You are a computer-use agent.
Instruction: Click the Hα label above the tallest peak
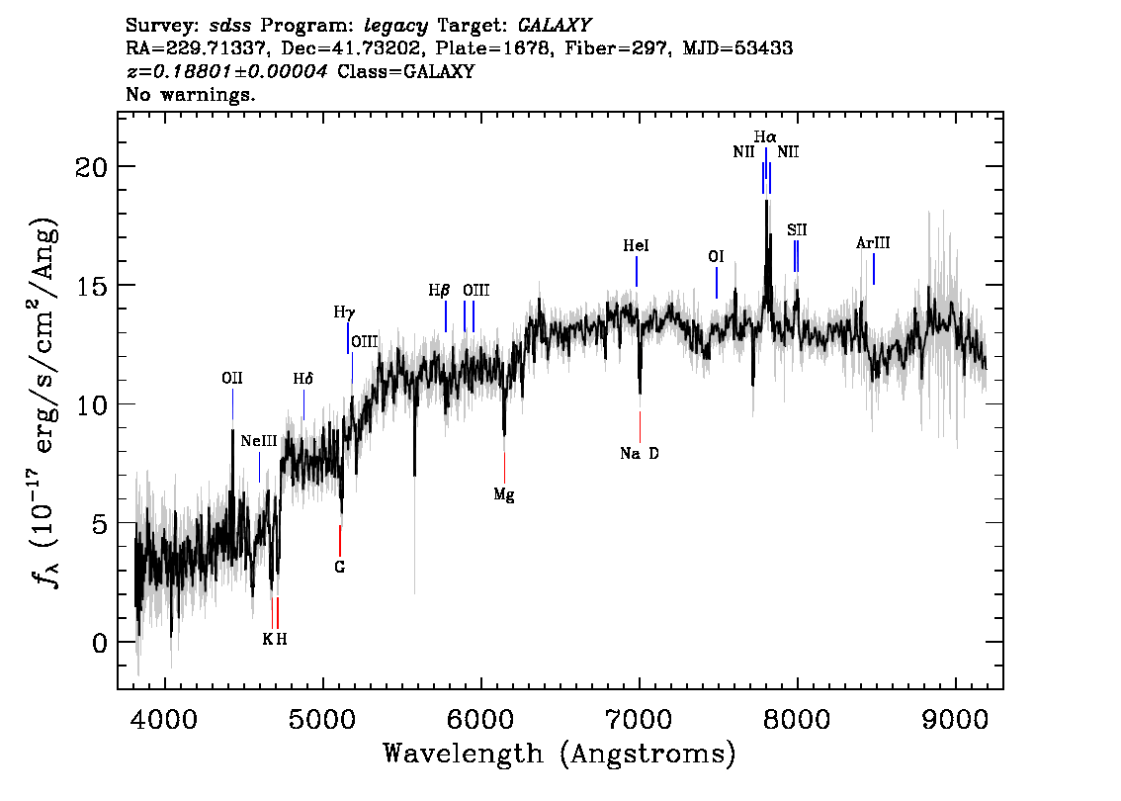[x=765, y=137]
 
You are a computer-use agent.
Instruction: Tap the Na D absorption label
[x=640, y=454]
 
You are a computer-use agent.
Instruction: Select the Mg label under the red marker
[x=504, y=494]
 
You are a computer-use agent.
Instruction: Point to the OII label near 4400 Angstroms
[x=232, y=379]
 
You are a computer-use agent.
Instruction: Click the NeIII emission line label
[x=259, y=441]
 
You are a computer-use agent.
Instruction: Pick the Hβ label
[x=439, y=291]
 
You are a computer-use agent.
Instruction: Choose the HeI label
[x=637, y=246]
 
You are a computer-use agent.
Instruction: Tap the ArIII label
[x=874, y=243]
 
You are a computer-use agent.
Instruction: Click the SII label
[x=797, y=230]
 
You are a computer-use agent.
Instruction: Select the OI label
[x=717, y=257]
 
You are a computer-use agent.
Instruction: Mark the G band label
[x=340, y=568]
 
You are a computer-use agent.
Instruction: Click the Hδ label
[x=302, y=379]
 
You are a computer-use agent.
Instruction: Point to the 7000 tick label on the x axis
[x=640, y=715]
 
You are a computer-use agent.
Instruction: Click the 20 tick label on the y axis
[x=94, y=166]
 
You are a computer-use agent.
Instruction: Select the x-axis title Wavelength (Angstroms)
[x=560, y=755]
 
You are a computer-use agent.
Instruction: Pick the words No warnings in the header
[x=191, y=95]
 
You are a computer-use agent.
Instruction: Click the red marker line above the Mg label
[x=504, y=466]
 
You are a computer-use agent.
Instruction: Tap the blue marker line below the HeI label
[x=637, y=271]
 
